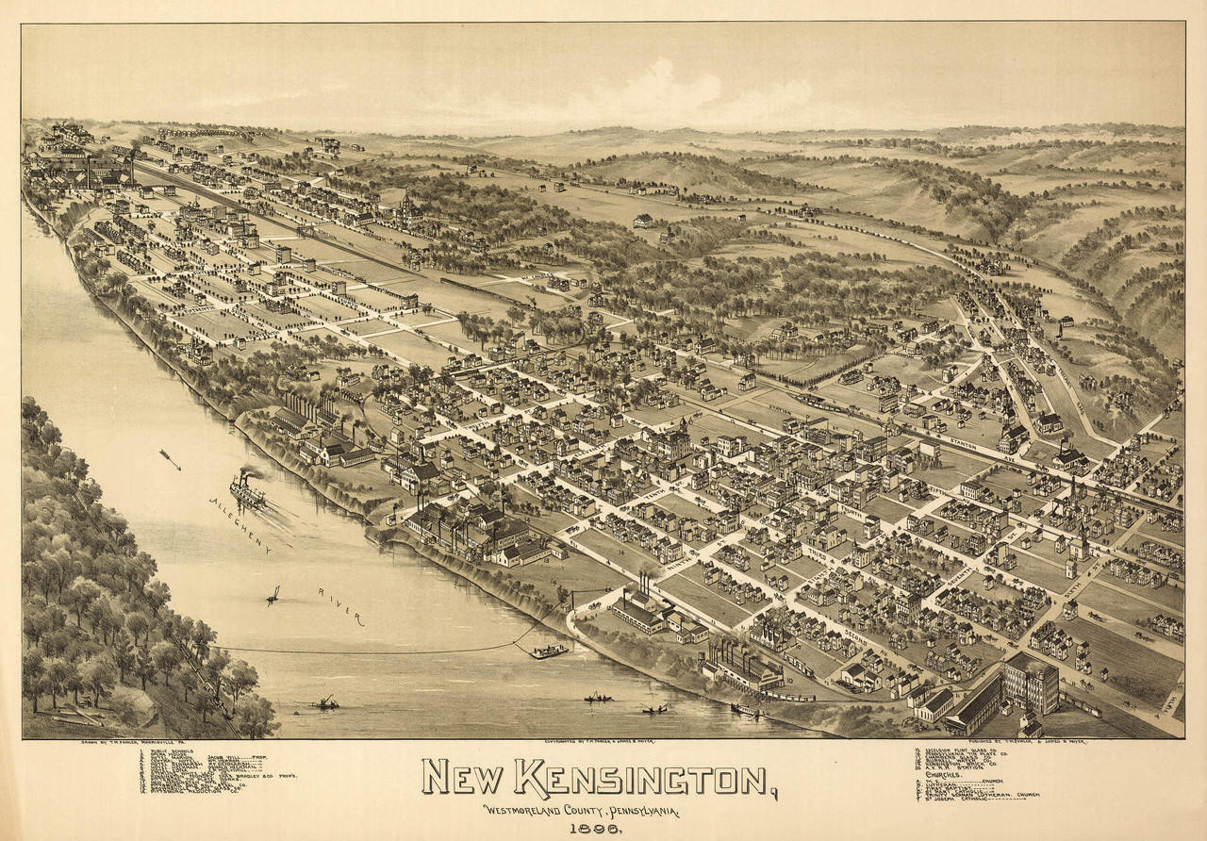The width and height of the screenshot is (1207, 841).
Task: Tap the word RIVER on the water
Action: pyautogui.click(x=341, y=605)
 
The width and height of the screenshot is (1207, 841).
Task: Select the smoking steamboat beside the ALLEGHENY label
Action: pyautogui.click(x=248, y=489)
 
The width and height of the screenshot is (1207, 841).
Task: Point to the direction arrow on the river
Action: pyautogui.click(x=170, y=459)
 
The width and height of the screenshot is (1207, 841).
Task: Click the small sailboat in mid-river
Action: pyautogui.click(x=273, y=595)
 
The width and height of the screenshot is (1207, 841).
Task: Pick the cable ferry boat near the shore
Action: pyautogui.click(x=549, y=651)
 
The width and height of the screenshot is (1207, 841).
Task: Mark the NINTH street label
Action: pyautogui.click(x=674, y=566)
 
